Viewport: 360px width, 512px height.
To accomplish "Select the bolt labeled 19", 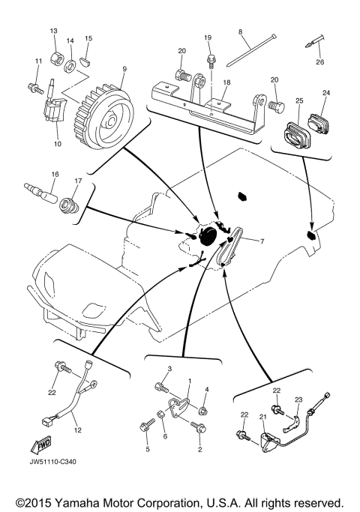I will point(213,58).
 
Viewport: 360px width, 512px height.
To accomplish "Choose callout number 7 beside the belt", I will point(262,241).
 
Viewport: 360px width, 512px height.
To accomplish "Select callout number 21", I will point(262,417).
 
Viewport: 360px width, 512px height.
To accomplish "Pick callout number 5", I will point(148,449).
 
